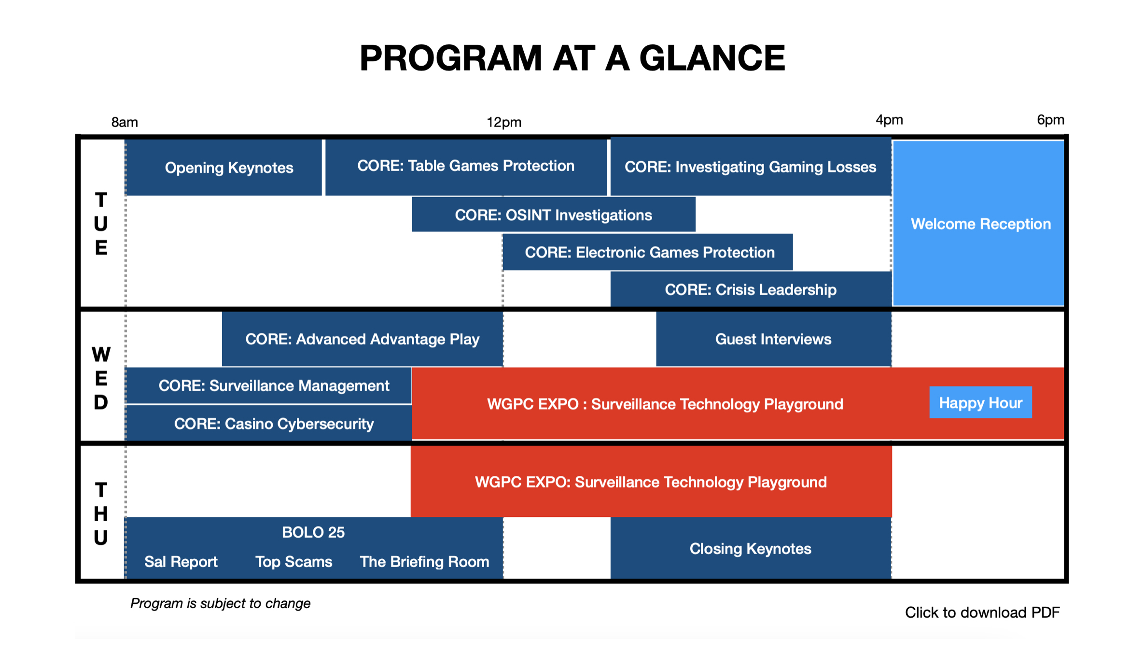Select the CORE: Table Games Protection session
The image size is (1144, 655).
[x=465, y=166]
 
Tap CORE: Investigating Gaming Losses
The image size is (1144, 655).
[x=750, y=167]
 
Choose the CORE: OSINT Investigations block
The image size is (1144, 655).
[x=553, y=215]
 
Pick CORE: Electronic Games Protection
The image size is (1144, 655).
[x=649, y=252]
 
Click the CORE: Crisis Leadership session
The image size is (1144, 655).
[x=750, y=289]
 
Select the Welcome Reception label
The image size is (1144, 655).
[x=980, y=224]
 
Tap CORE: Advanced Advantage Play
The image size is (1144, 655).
[x=362, y=339]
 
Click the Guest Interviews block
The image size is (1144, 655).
[x=773, y=339]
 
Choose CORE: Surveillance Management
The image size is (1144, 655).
[x=273, y=385]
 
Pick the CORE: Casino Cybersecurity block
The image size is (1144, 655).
[x=273, y=424]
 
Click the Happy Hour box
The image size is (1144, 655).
[x=980, y=402]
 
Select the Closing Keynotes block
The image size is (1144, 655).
[x=750, y=549]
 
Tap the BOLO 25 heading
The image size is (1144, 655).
[x=313, y=532]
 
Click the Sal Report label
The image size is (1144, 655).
[x=181, y=562]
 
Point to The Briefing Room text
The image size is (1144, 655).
[x=424, y=562]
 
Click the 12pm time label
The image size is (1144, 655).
[x=503, y=122]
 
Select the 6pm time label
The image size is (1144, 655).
[x=1050, y=120]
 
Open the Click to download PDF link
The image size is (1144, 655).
[x=982, y=612]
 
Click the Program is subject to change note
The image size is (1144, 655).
[x=220, y=603]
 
